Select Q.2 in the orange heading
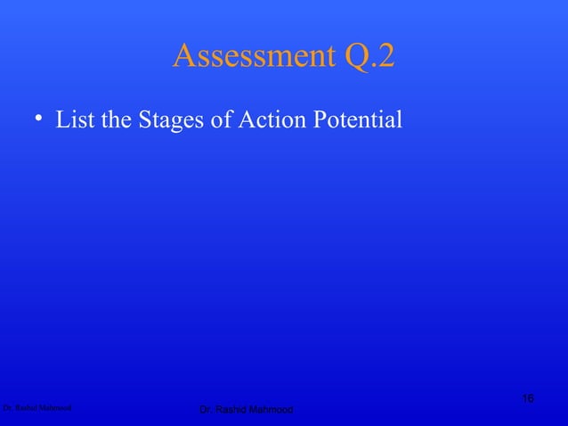click(x=361, y=56)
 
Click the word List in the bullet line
click(x=75, y=119)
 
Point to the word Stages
click(x=172, y=120)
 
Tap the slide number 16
click(x=528, y=397)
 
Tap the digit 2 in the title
click(x=385, y=56)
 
